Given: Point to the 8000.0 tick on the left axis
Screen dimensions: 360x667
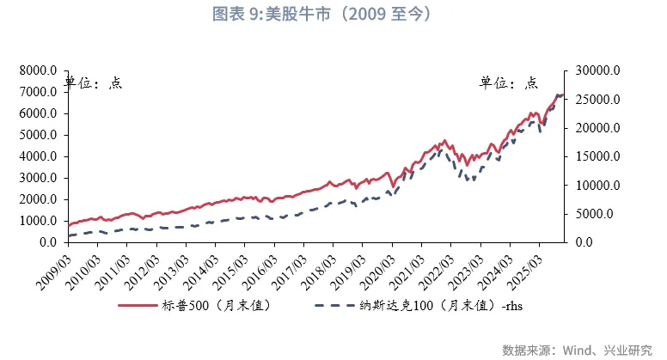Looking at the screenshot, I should (40, 70).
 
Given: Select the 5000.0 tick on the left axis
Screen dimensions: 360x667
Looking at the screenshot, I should (40, 135).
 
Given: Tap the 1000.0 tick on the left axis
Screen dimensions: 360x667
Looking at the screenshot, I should (40, 221).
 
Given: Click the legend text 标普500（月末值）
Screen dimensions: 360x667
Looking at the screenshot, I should (216, 306).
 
